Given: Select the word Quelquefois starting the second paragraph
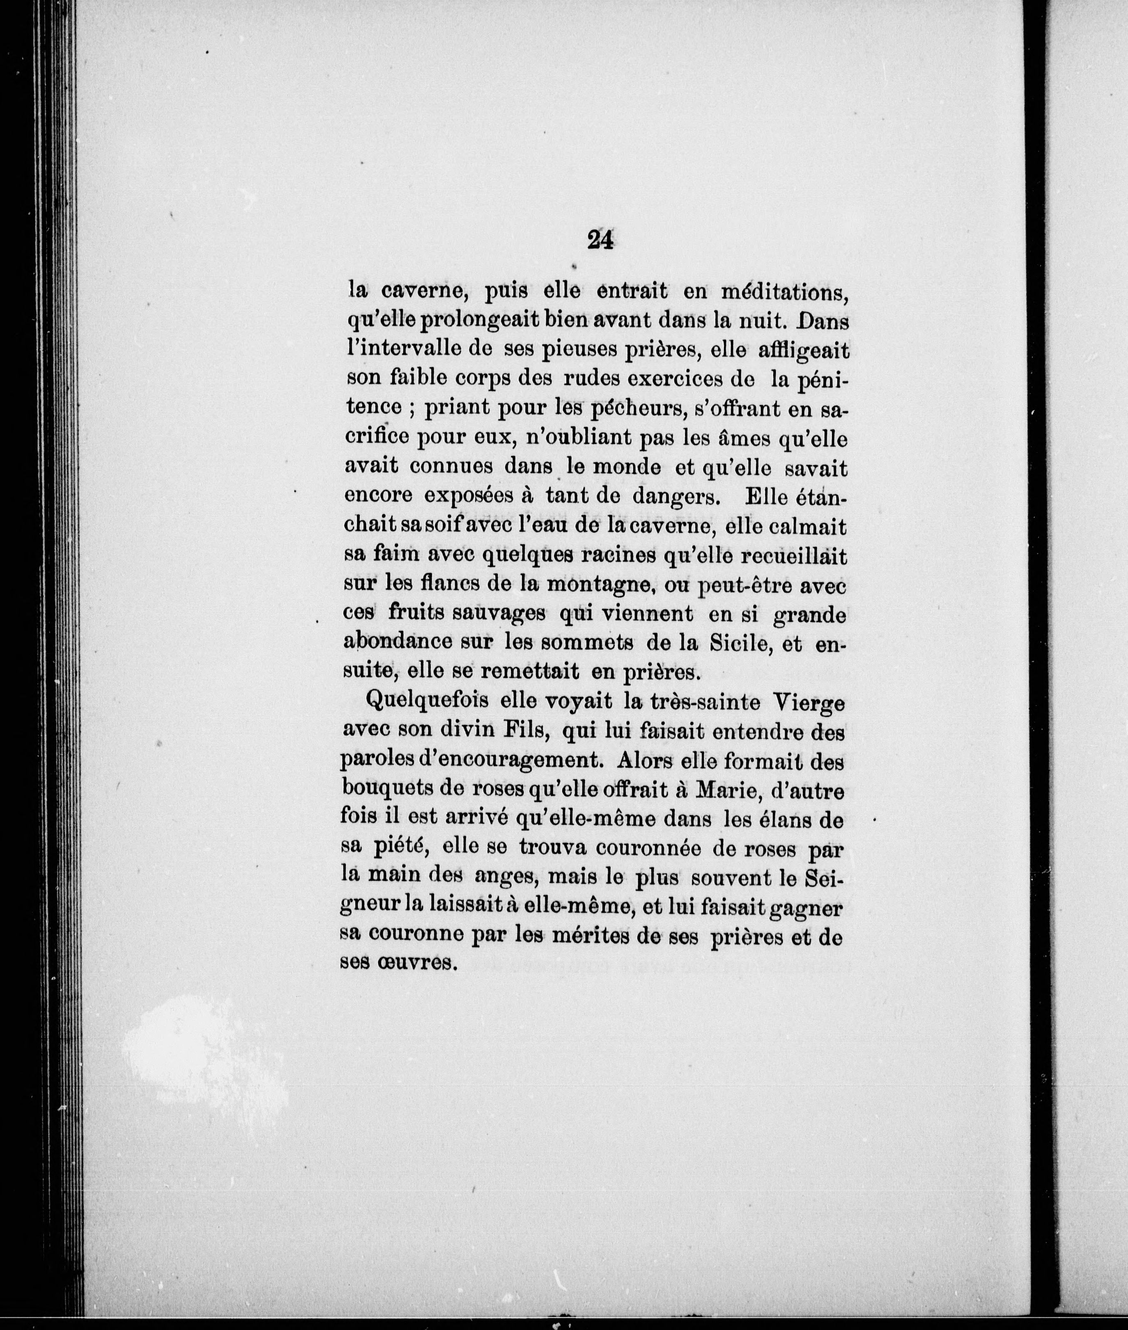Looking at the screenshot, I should click(x=428, y=702).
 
